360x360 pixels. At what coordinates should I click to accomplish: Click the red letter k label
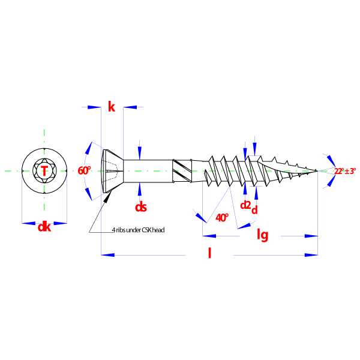(111, 107)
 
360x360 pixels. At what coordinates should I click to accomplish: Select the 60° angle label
(84, 171)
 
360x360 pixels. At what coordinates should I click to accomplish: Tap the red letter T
(44, 171)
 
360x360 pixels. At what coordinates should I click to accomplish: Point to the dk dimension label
(44, 227)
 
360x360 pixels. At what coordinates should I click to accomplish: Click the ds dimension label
(140, 207)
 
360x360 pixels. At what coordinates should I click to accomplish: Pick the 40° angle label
(222, 218)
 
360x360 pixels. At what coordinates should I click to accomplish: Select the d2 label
(245, 205)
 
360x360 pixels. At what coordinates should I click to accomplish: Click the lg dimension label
(262, 235)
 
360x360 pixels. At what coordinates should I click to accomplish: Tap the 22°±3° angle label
(345, 171)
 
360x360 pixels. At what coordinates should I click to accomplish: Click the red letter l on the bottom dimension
(209, 253)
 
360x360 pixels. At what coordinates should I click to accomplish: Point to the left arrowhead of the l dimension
(109, 255)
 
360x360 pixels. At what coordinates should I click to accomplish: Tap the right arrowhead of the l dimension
(311, 255)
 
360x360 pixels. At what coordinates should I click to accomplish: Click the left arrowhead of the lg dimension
(209, 236)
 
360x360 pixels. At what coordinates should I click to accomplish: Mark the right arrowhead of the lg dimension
(311, 236)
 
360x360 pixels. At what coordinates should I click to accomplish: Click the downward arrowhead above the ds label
(140, 152)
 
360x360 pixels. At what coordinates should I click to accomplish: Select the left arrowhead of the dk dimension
(29, 223)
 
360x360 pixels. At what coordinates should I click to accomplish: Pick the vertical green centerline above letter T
(44, 144)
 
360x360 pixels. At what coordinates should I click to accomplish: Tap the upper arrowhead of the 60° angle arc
(89, 147)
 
